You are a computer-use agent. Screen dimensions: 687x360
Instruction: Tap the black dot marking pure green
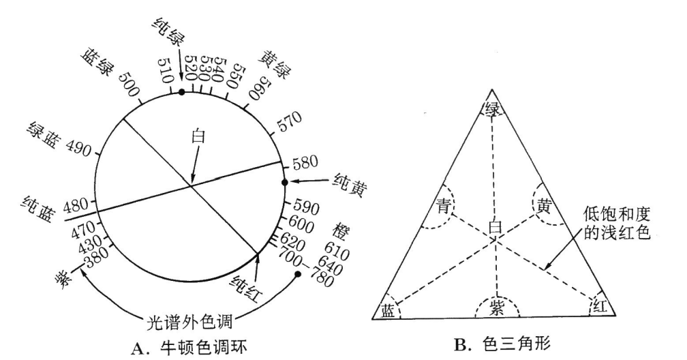coord(181,91)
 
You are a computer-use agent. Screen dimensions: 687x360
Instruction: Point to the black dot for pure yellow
coord(285,182)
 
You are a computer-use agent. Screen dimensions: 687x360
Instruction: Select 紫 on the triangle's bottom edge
coord(496,307)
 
